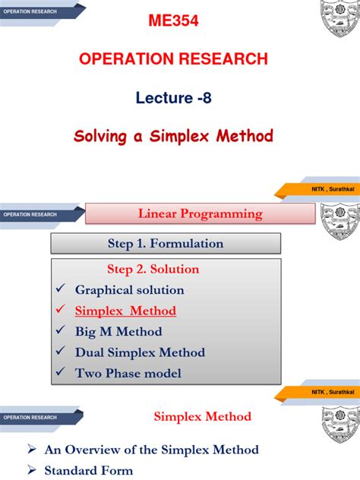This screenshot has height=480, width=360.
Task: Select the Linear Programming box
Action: coord(200,214)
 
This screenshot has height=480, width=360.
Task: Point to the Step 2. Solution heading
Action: coord(153,270)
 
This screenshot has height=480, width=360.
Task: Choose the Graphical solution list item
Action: coord(129,290)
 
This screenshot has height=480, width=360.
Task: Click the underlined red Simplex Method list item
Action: coord(125,311)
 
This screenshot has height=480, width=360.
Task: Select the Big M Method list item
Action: coord(118,332)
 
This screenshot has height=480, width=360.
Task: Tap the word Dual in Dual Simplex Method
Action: coord(90,352)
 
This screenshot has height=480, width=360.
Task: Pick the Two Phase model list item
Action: coord(128,373)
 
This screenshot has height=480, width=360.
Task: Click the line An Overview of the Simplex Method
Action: coord(151,450)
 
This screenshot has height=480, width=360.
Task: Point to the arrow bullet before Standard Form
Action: coord(32,470)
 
